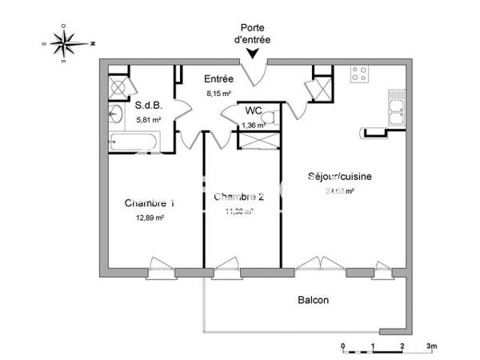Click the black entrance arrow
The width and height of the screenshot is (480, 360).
pyautogui.click(x=254, y=54)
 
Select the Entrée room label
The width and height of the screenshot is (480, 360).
pyautogui.click(x=218, y=79)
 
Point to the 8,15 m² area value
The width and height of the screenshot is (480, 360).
pyautogui.click(x=218, y=94)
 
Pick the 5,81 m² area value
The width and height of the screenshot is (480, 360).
pyautogui.click(x=148, y=120)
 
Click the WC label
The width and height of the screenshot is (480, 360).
pyautogui.click(x=254, y=111)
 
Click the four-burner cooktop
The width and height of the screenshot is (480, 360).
pyautogui.click(x=360, y=74)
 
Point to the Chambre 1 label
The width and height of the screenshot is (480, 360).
pyautogui.click(x=150, y=203)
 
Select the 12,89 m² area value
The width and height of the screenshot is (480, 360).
pyautogui.click(x=150, y=218)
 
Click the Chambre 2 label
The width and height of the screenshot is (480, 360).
pyautogui.click(x=238, y=197)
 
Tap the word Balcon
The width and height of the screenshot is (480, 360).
pyautogui.click(x=314, y=300)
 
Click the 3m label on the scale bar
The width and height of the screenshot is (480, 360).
pyautogui.click(x=432, y=346)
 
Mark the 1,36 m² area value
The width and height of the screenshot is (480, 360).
pyautogui.click(x=254, y=126)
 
